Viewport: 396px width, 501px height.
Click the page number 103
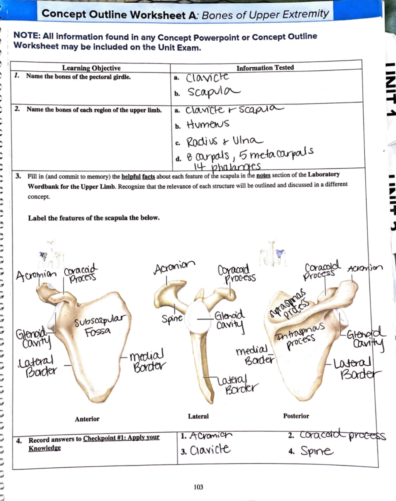pyautogui.click(x=198, y=487)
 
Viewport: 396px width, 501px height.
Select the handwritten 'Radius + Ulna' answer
pyautogui.click(x=225, y=142)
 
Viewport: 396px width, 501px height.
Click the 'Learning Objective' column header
pyautogui.click(x=91, y=68)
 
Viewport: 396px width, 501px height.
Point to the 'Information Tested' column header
pyautogui.click(x=265, y=68)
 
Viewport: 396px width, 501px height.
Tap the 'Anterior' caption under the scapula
pyautogui.click(x=87, y=419)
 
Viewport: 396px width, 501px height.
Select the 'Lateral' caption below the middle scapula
pyautogui.click(x=198, y=416)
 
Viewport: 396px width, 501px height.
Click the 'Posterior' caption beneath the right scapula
pyautogui.click(x=296, y=416)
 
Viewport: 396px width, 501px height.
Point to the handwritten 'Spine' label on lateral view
pyautogui.click(x=172, y=318)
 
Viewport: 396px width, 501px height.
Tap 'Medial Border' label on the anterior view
pyautogui.click(x=148, y=361)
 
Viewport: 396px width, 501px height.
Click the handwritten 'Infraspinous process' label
pyautogui.click(x=300, y=336)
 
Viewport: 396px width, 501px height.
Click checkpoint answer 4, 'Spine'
pyautogui.click(x=316, y=451)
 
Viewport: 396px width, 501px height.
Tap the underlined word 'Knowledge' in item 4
pyautogui.click(x=45, y=448)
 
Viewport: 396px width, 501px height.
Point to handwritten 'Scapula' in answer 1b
pyautogui.click(x=214, y=92)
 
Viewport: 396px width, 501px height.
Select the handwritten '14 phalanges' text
pyautogui.click(x=227, y=166)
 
